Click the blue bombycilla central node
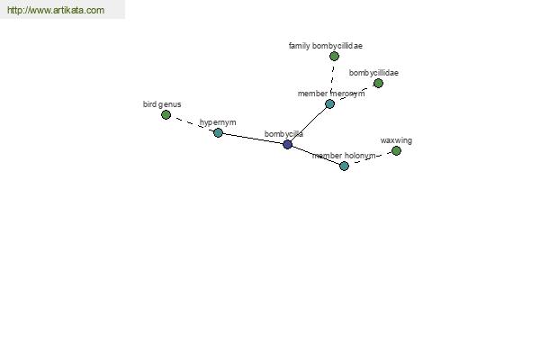point(288,144)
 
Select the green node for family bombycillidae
point(334,56)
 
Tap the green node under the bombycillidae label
point(378,83)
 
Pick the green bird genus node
point(166,114)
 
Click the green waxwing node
point(396,150)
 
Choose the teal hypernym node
point(218,132)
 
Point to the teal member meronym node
point(329,103)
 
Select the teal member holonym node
point(344,166)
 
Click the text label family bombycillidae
point(326,46)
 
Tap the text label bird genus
point(162,104)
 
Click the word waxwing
point(396,140)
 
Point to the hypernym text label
point(218,122)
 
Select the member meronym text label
point(331,94)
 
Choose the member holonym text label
point(344,156)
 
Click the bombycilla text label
point(283,134)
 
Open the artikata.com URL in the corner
point(56,10)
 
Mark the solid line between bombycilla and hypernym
point(253,139)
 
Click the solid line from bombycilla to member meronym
point(309,124)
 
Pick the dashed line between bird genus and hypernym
point(192,123)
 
